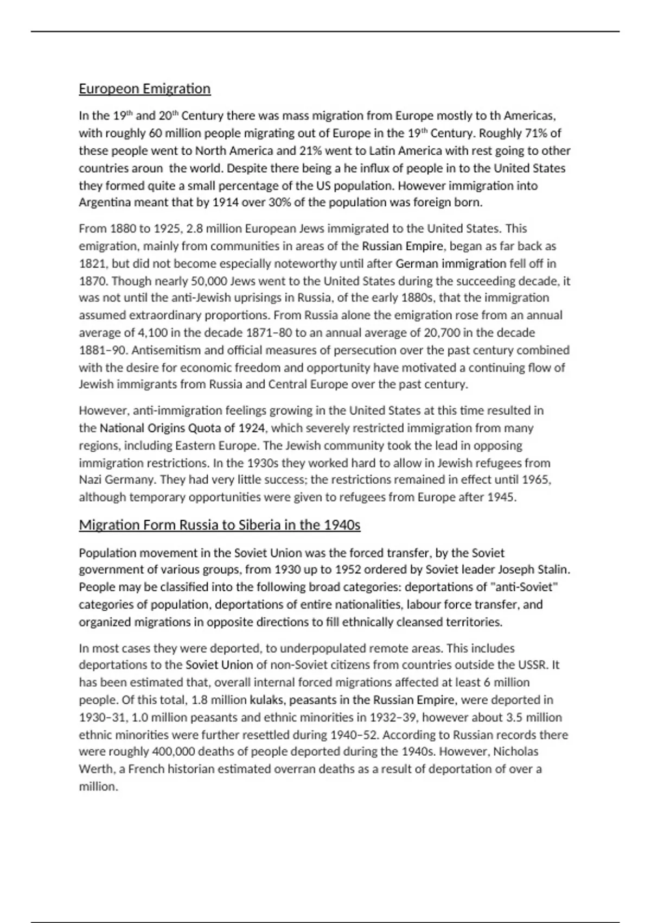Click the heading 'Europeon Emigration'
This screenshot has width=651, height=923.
(144, 88)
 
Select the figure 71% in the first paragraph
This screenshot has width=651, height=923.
(534, 133)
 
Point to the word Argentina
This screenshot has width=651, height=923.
(105, 203)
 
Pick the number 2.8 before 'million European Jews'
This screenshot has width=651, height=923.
(195, 229)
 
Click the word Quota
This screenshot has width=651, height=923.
(205, 428)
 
